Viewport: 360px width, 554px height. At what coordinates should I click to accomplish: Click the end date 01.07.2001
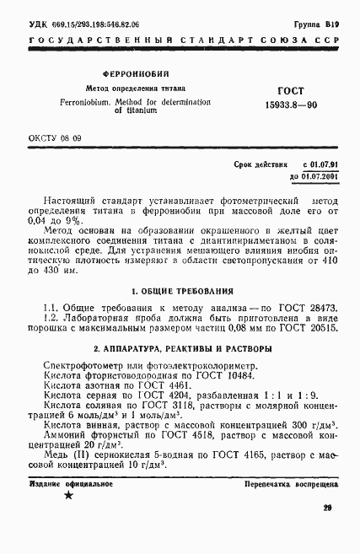click(x=314, y=175)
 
